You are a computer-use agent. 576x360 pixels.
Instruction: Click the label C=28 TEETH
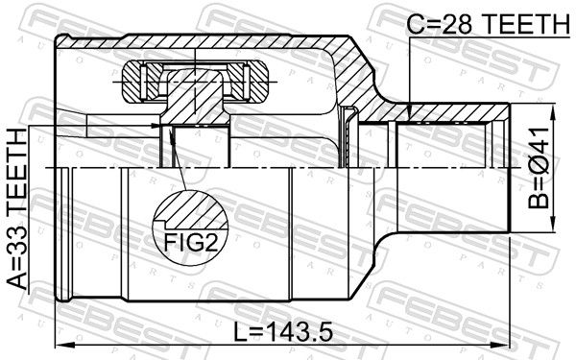tap(488, 25)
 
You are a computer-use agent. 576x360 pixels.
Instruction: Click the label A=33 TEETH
tap(17, 209)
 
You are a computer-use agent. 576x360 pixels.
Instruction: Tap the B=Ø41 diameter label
tap(539, 168)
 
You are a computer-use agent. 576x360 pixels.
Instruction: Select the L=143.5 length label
tap(283, 332)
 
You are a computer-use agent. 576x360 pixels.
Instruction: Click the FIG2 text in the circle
tap(191, 243)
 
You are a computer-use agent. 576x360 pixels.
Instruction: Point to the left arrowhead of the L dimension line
tap(64, 345)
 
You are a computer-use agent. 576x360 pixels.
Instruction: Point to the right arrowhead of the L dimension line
tap(501, 345)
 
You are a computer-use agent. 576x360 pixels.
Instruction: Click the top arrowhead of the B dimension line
tap(553, 113)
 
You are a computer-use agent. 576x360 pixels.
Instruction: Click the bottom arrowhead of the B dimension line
tap(553, 223)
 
